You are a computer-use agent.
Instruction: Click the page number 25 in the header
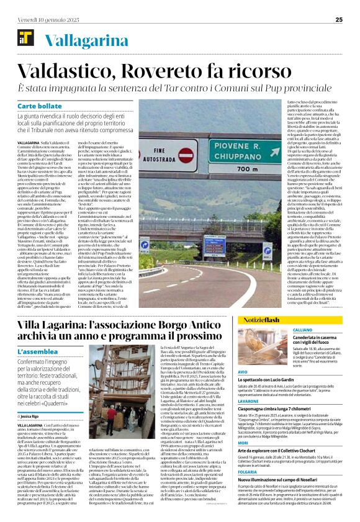tap(339, 19)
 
